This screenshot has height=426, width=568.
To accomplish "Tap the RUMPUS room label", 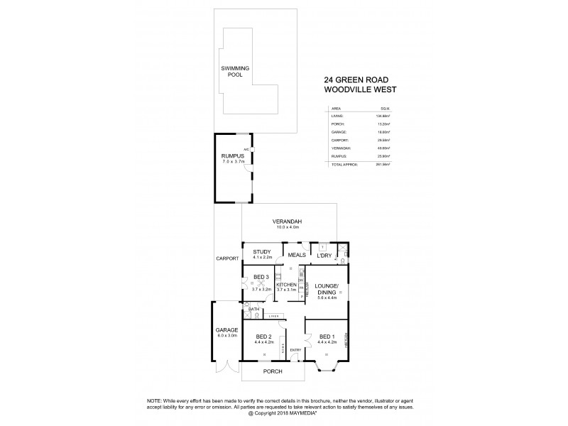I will [x=233, y=155].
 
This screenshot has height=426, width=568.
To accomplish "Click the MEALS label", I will [x=296, y=254].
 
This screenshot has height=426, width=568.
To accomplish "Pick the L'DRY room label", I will [x=325, y=255].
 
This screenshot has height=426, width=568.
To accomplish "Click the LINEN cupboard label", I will [x=274, y=316].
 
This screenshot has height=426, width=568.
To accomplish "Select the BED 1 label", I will [x=327, y=337].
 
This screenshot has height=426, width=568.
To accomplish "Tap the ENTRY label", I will [x=295, y=349].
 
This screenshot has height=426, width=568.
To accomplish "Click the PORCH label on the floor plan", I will [x=273, y=371].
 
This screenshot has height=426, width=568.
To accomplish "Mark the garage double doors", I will [x=226, y=369].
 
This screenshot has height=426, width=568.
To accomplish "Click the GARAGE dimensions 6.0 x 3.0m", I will [x=227, y=336].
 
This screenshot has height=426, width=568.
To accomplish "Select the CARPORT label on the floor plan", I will [x=227, y=258].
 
